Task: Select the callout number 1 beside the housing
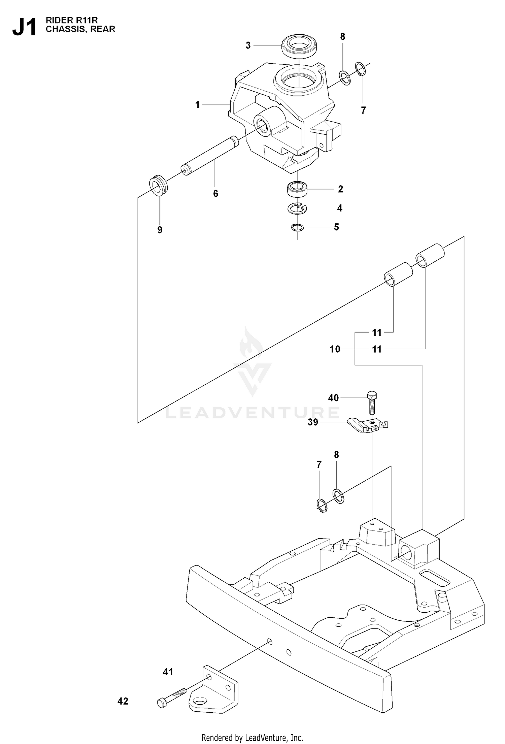tap(198, 105)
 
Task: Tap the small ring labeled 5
tap(297, 228)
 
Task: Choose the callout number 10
tap(335, 349)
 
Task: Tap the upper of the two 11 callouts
tap(377, 333)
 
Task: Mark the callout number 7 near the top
tap(363, 110)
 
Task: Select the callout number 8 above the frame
tap(336, 455)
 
